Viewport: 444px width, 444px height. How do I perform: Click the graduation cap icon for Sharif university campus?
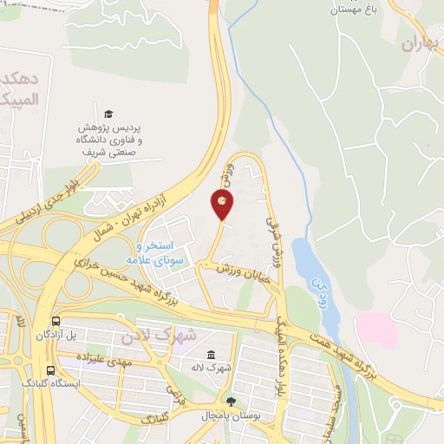point(108,114)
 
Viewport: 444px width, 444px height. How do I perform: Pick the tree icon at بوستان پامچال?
point(230,401)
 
